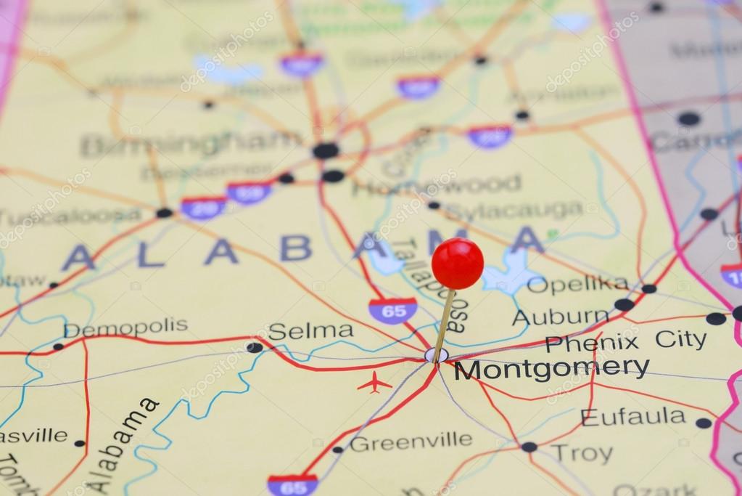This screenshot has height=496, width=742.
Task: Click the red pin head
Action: coord(457,263)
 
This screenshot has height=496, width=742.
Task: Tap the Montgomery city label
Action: coord(551,368)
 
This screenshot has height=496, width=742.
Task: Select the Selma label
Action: coord(310,331)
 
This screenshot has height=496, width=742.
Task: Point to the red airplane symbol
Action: coord(374,382)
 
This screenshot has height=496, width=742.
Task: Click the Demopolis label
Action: coord(125,328)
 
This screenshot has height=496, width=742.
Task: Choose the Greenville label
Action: coord(411,441)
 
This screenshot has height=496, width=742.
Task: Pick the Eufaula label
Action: coord(633,417)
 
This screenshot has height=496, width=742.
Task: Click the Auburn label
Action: coord(561,317)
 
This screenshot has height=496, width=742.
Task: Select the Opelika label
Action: coord(577,284)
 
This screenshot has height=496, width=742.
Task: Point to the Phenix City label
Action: coord(625,341)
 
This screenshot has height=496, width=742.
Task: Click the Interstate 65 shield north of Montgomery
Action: coord(392,310)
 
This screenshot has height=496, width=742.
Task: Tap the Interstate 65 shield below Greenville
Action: coord(292,484)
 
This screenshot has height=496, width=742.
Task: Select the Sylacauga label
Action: coord(513,211)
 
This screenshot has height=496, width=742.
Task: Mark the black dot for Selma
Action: coord(254,347)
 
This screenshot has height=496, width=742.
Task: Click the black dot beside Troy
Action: coord(529,447)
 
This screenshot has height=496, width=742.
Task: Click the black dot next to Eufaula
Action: coord(703,423)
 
